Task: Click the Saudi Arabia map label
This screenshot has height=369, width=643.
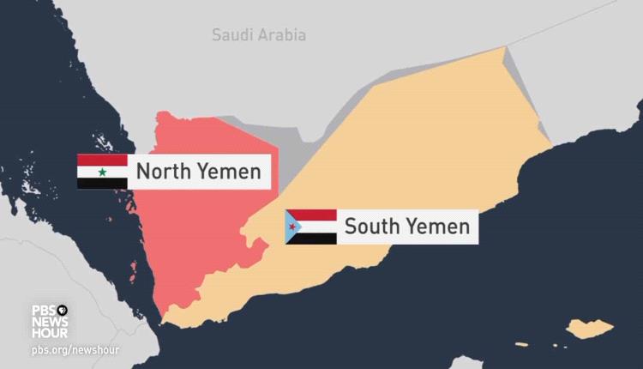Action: (x=259, y=35)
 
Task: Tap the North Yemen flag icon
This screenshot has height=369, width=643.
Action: (x=102, y=172)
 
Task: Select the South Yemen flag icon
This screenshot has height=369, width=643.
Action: (x=310, y=227)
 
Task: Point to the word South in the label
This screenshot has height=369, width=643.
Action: (x=371, y=227)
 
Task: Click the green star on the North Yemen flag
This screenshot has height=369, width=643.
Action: (x=102, y=172)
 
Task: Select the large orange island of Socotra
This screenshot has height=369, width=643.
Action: (x=592, y=329)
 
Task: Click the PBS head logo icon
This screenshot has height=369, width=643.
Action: (x=63, y=310)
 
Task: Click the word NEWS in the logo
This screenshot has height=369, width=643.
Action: (x=50, y=321)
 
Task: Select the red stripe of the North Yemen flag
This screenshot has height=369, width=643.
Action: (x=102, y=160)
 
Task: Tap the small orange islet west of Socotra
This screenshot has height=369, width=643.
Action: (x=521, y=345)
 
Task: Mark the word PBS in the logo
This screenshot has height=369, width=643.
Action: (x=44, y=310)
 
